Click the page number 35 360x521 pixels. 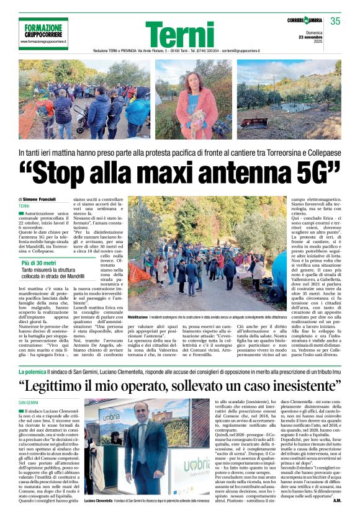tap(335, 22)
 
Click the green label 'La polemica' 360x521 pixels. tap(32, 371)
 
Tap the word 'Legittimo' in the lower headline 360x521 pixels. tap(71, 386)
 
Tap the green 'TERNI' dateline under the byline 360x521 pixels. tap(24, 206)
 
